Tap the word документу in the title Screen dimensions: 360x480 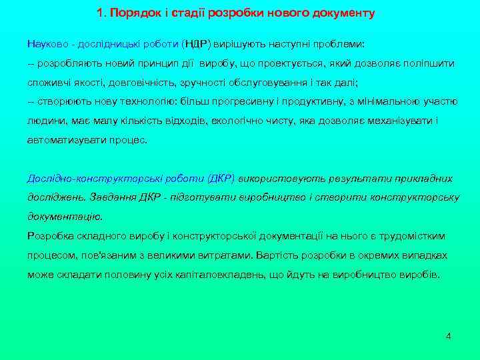(x=341, y=13)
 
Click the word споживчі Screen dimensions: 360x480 (x=47, y=82)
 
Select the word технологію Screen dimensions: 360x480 (x=146, y=101)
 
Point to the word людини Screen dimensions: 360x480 (x=43, y=121)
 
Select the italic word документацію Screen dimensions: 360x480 (x=65, y=217)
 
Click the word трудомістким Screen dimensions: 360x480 (x=413, y=236)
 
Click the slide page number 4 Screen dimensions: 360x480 (x=449, y=336)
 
